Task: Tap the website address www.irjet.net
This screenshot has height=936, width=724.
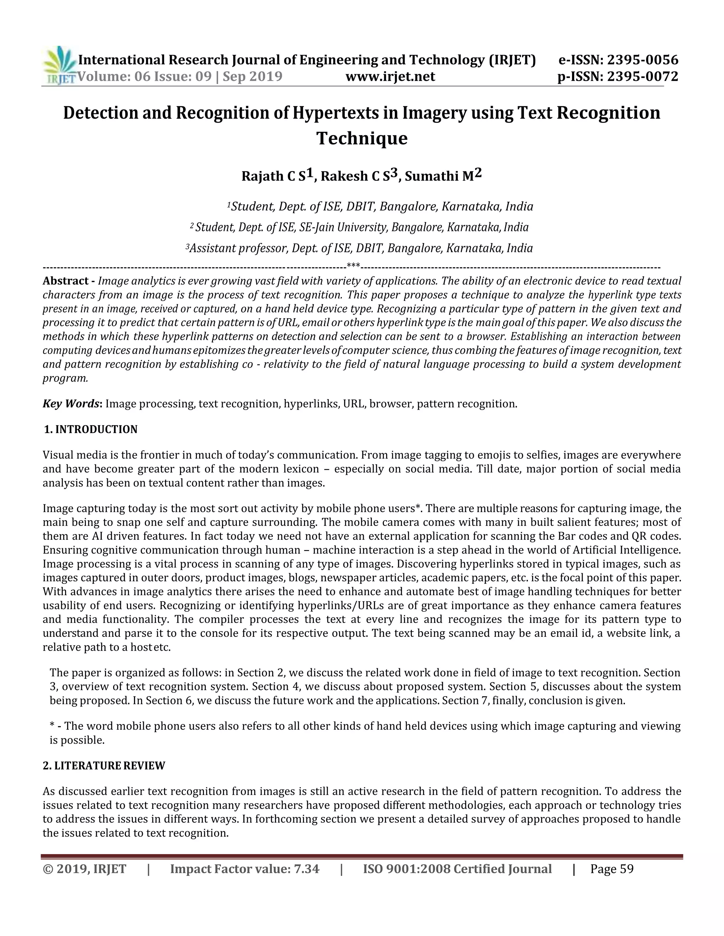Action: coord(390,77)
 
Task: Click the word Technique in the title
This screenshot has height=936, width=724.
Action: coord(362,138)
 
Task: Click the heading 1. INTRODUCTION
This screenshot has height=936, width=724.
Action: coord(91,430)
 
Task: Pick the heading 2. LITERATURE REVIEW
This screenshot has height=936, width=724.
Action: coord(104,766)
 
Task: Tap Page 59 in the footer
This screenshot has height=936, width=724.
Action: coord(612,869)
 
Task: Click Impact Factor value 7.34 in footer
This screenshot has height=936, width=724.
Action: coord(245,869)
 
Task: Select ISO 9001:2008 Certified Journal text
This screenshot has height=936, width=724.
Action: coord(457,869)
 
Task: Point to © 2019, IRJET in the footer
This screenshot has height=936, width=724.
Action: coord(84,869)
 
